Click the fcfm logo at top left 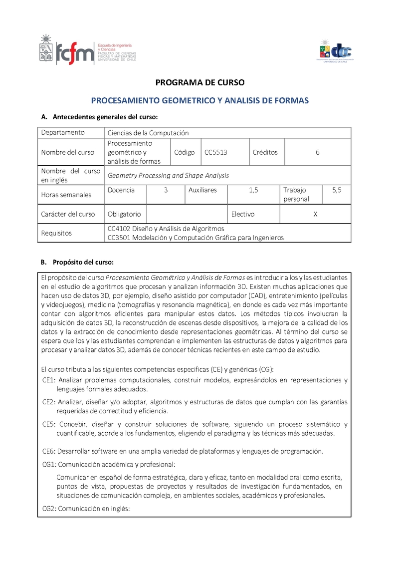pos(87,50)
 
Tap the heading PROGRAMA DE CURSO pos(200,82)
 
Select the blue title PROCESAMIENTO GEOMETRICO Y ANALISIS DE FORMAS pos(199,100)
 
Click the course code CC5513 pos(216,152)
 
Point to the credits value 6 pos(317,152)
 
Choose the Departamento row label pos(63,132)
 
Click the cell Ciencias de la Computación pos(148,133)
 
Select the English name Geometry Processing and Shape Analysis pos(168,175)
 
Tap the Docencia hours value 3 pos(166,190)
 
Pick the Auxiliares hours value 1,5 pos(253,190)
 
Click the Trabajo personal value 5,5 pos(337,190)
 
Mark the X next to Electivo pos(315,214)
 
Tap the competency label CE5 pos(48,424)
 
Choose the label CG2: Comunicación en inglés pos(86,509)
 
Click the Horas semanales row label pos(66,195)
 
